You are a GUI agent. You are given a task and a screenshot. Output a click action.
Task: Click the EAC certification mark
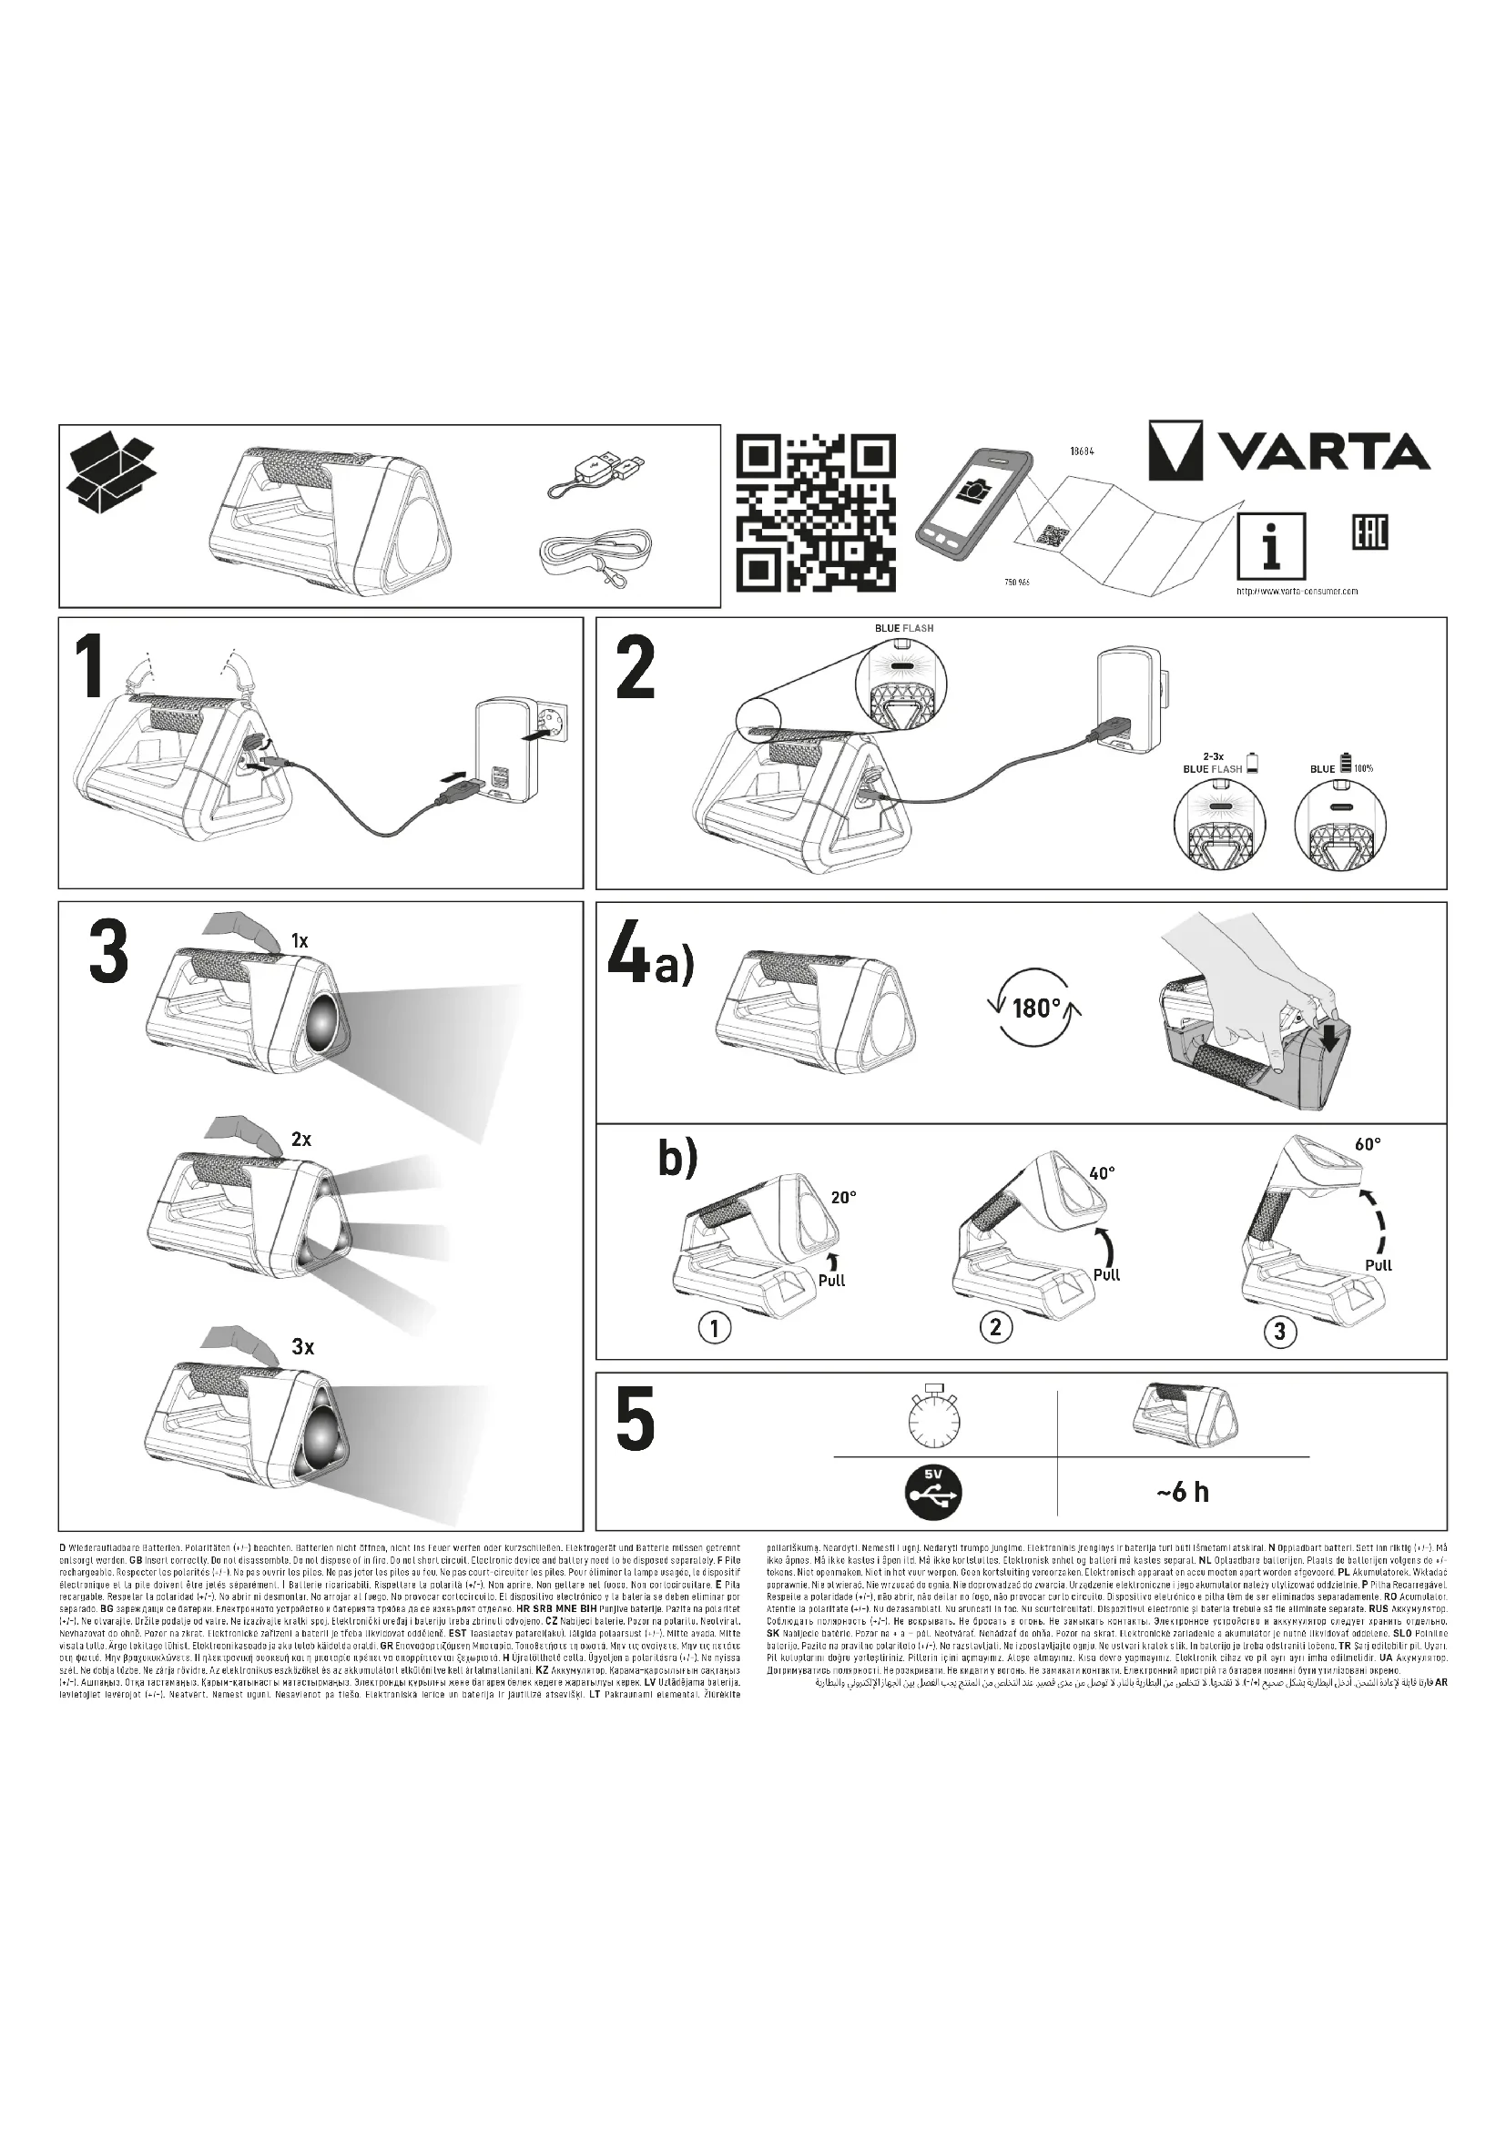pos(1366,533)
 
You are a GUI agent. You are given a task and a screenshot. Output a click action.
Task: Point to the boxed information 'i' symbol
pos(1271,547)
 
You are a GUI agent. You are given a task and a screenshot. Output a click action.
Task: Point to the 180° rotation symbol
pos(1036,1007)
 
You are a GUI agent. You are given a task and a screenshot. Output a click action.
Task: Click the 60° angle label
pos(1368,1144)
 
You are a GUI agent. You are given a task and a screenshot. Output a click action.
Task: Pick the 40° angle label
pos(1102,1173)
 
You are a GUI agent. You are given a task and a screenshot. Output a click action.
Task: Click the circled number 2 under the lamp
pos(995,1327)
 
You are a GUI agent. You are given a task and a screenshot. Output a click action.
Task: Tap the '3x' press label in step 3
pos(302,1347)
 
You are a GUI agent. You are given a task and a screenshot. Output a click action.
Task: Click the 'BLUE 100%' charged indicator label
pos(1341,768)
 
